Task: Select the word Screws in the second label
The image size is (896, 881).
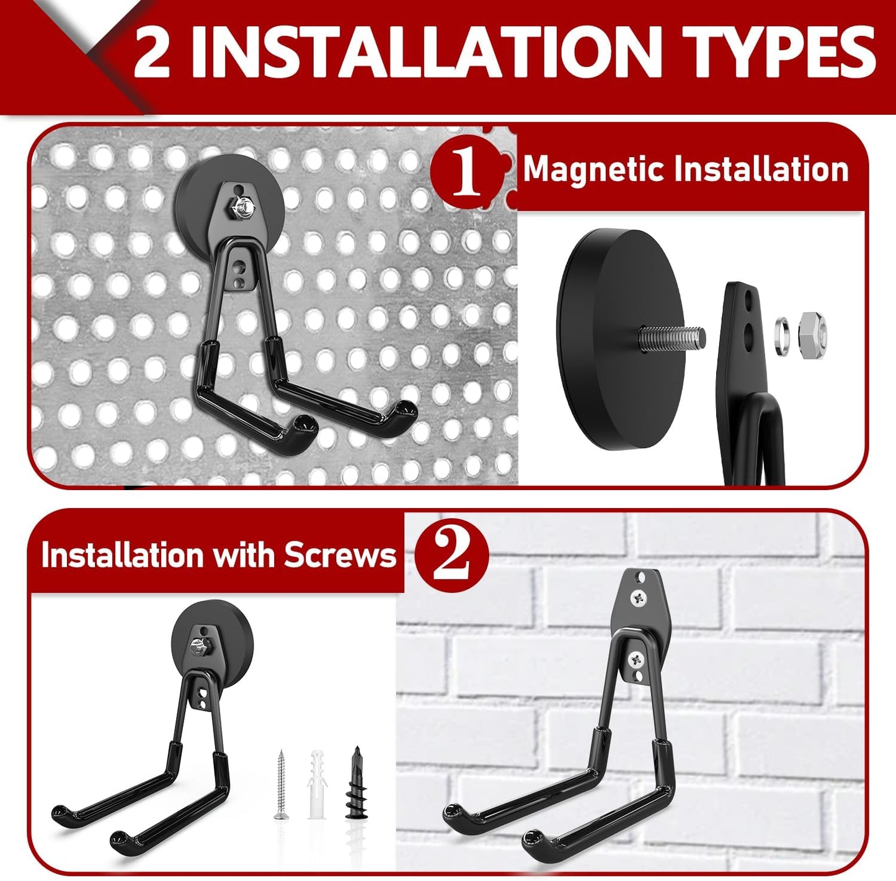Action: coord(340,555)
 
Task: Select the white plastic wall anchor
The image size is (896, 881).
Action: coord(317,785)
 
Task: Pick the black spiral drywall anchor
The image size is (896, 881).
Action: coord(355,784)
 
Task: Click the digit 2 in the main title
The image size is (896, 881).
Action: coord(152,53)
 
